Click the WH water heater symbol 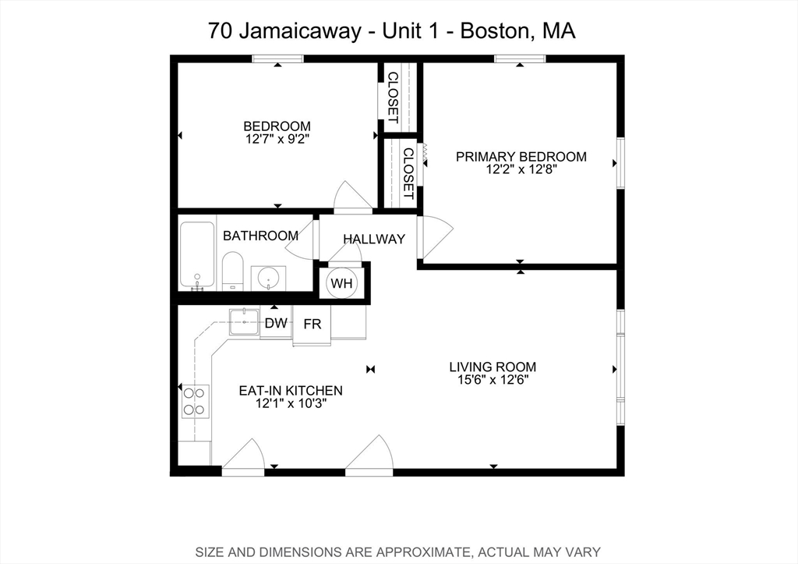click(x=341, y=282)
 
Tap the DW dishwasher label click(x=276, y=323)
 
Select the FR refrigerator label click(x=312, y=324)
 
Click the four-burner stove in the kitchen click(x=194, y=401)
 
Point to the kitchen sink click(x=244, y=321)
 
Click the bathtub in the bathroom click(x=196, y=255)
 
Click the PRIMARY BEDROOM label click(x=521, y=157)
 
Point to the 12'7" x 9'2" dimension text click(x=277, y=139)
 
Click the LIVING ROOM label click(x=493, y=367)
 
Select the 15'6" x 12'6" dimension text click(x=493, y=381)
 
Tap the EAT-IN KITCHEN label click(x=291, y=390)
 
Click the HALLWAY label click(x=374, y=239)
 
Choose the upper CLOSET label click(x=393, y=97)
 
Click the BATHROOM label click(x=260, y=236)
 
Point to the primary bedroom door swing click(x=435, y=236)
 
